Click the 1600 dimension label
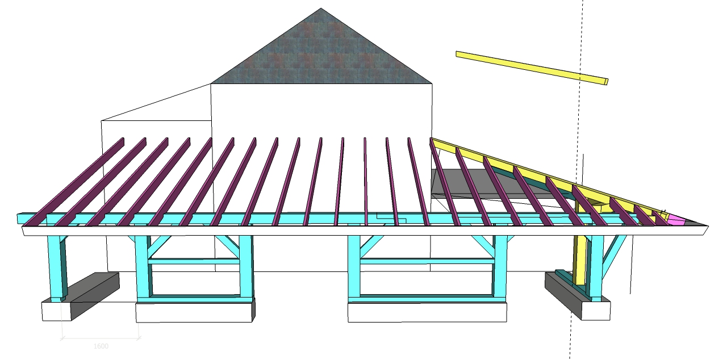point(101,346)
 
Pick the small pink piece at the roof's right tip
point(676,219)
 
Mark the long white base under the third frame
point(427,312)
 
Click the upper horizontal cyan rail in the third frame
point(427,261)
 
